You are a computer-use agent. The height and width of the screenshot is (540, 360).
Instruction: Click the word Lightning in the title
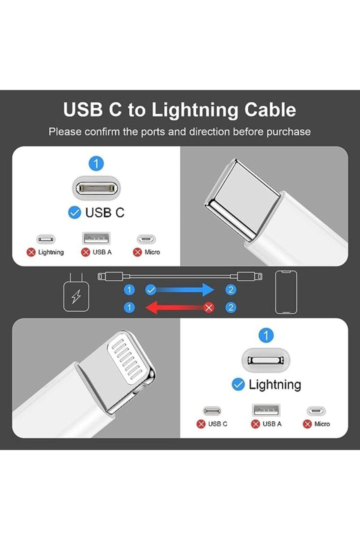194,110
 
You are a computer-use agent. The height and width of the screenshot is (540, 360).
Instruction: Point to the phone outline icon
286,292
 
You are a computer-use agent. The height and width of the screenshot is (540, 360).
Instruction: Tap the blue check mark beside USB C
75,212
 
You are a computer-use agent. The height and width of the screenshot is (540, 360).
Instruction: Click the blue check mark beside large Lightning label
238,384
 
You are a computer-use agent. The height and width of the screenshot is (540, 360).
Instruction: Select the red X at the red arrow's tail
208,307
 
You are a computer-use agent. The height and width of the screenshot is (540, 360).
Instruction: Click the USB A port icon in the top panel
96,238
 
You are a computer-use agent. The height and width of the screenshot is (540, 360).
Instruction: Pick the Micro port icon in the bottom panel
316,411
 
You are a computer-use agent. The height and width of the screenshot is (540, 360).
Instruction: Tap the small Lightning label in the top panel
51,252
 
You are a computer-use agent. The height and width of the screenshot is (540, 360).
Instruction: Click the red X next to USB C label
201,424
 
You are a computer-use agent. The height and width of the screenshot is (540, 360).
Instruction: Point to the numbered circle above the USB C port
96,163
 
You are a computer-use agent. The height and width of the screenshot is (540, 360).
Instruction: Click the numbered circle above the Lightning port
265,335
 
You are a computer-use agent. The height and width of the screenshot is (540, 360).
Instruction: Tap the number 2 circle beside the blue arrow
231,289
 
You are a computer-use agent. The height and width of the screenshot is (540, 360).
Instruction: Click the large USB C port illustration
96,188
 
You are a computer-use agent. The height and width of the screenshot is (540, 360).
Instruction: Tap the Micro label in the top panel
152,252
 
